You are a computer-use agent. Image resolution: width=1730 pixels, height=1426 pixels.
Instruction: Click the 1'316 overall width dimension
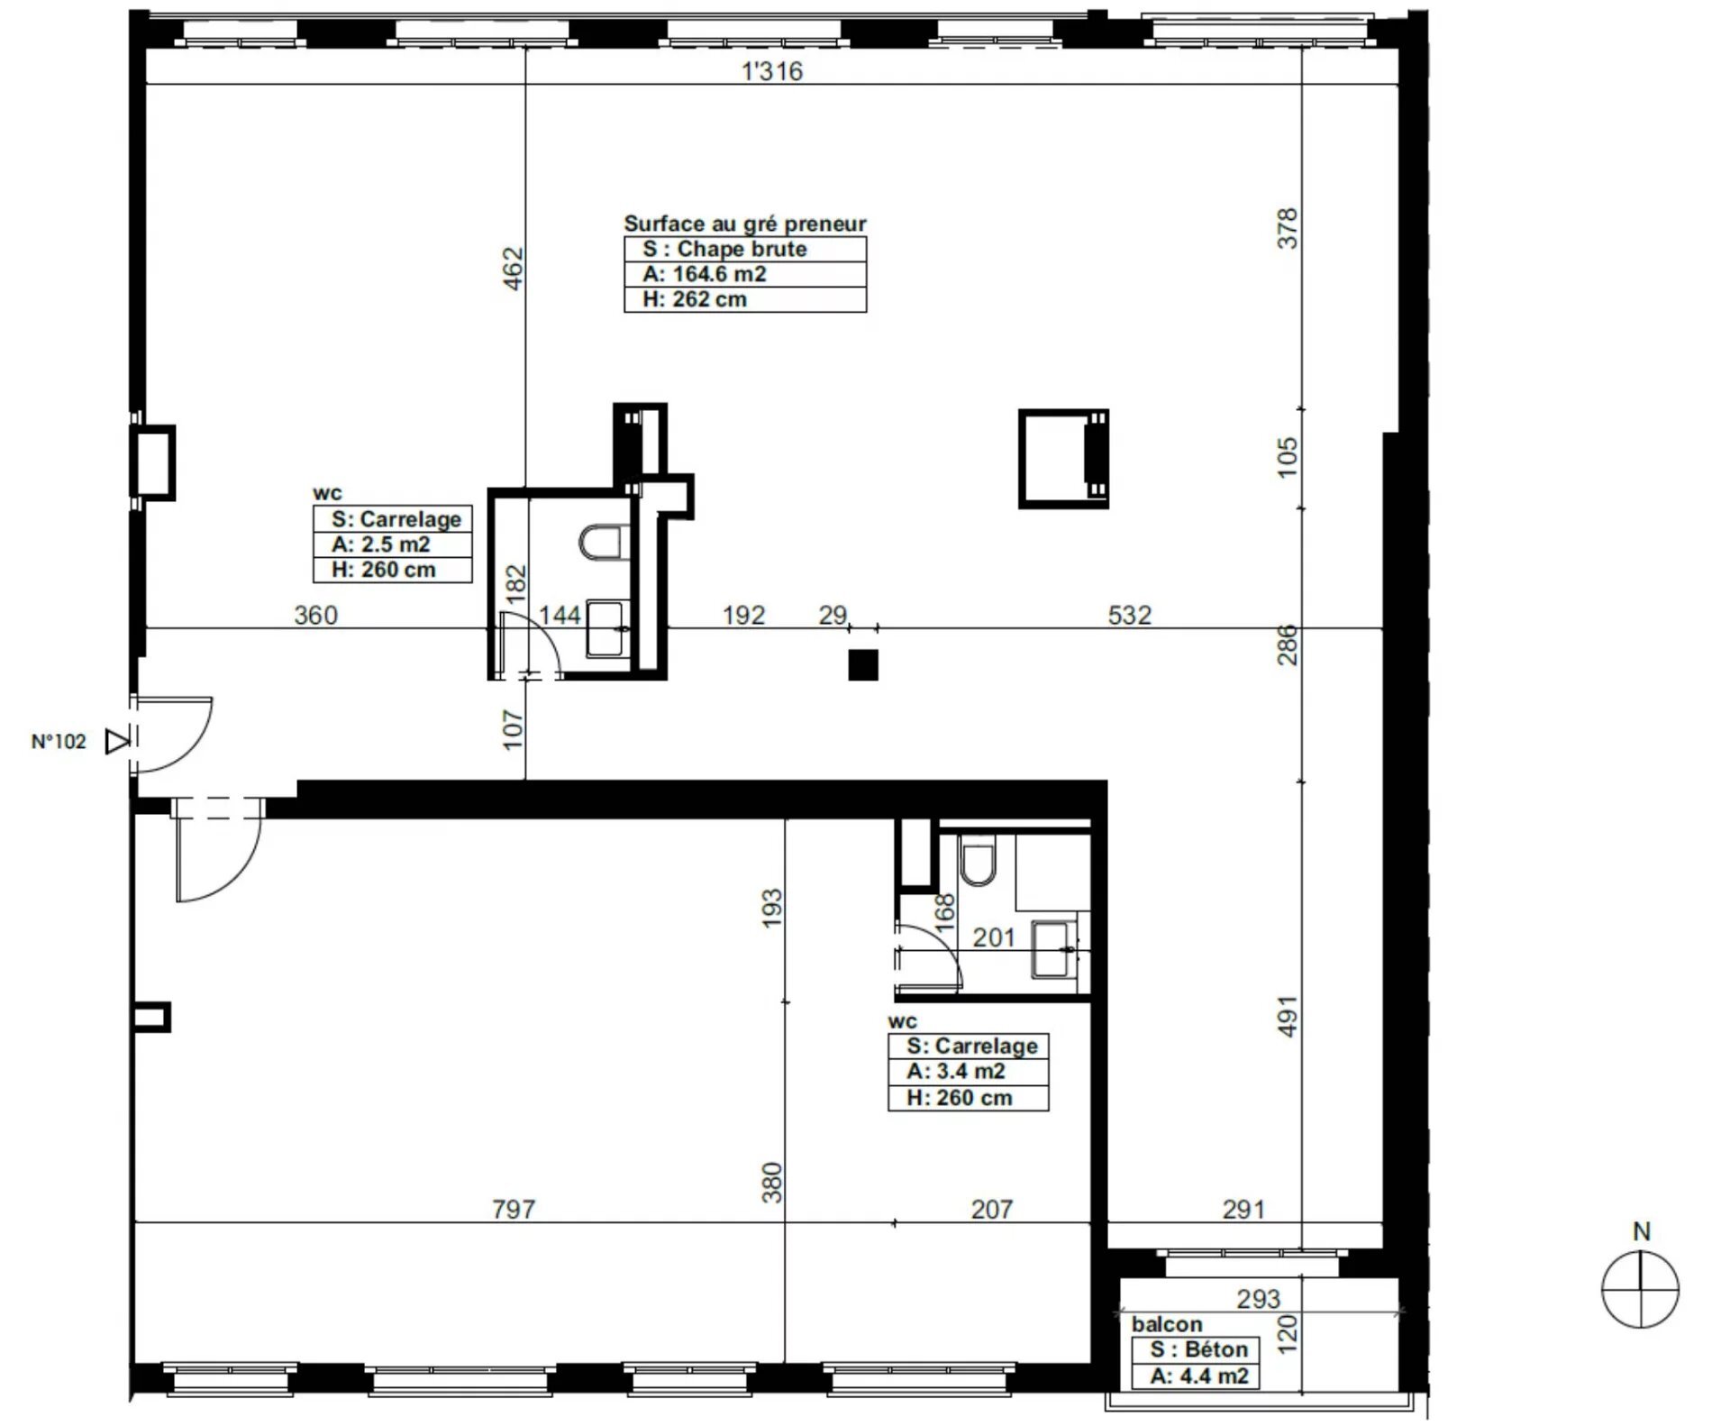[771, 71]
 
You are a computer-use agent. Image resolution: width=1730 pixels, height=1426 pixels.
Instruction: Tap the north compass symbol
[1640, 1289]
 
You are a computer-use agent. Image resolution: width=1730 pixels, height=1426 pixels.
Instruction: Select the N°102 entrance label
[59, 742]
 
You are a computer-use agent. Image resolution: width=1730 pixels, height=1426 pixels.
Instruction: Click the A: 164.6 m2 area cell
[744, 274]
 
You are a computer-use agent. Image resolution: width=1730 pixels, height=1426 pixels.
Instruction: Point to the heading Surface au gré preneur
[744, 224]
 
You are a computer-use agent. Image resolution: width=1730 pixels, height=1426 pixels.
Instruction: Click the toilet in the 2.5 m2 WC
[603, 543]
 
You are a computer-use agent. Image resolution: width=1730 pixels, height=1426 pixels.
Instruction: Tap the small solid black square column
[863, 665]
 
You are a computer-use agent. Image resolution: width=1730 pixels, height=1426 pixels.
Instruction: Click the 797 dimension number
[514, 1209]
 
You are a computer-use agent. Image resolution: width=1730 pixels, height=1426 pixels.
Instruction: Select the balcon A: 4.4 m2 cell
[1195, 1376]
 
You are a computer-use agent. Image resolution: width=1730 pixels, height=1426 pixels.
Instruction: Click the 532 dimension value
[1129, 615]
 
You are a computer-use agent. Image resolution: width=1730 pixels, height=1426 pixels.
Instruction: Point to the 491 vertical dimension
[1288, 1016]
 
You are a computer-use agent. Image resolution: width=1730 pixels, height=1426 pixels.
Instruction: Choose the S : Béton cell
[1195, 1349]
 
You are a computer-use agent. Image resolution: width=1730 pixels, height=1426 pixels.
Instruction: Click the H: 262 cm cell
[744, 299]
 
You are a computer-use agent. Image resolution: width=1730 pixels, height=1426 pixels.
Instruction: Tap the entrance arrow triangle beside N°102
[117, 742]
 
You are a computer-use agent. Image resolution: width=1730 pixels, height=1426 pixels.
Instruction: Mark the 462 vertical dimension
[512, 268]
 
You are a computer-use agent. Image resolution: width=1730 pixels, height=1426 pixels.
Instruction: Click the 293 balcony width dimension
[1258, 1299]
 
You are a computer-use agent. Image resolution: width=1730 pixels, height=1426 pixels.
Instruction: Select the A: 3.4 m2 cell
[968, 1072]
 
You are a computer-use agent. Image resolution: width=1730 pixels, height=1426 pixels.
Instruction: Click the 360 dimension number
[316, 615]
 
